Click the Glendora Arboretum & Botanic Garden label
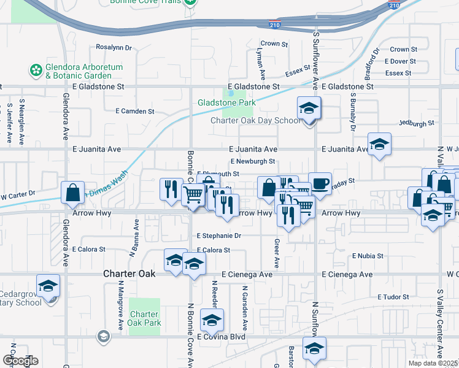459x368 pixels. tap(85, 71)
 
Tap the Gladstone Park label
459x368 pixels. tap(226, 102)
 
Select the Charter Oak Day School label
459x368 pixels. tap(256, 120)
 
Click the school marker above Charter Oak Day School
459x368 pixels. tap(308, 109)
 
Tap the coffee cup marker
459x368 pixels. tap(319, 183)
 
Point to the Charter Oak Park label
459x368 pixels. tap(145, 318)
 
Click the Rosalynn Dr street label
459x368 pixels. tap(114, 47)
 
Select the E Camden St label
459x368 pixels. tap(135, 111)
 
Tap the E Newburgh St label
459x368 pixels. tap(253, 161)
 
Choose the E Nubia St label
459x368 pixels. tap(368, 256)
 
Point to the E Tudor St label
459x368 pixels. tap(393, 297)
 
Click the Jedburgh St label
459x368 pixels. tap(416, 123)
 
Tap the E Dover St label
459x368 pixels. tap(400, 61)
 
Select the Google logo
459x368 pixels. tap(20, 361)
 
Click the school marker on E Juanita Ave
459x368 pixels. tap(379, 145)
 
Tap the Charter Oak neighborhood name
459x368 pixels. tap(128, 274)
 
